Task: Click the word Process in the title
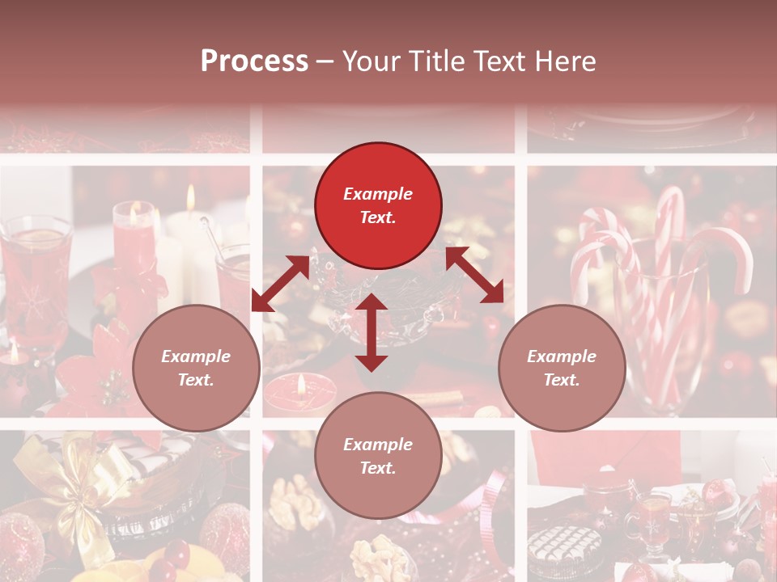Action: click(254, 61)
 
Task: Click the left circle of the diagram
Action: click(196, 368)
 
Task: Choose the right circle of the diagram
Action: click(562, 368)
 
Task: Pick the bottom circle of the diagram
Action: click(378, 455)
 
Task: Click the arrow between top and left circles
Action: click(280, 284)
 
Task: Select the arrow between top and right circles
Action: click(474, 275)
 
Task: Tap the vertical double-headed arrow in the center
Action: click(372, 332)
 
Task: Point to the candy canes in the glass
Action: click(664, 275)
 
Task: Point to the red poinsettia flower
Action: click(105, 364)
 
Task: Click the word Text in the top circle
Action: click(378, 217)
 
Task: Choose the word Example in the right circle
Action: click(562, 356)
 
